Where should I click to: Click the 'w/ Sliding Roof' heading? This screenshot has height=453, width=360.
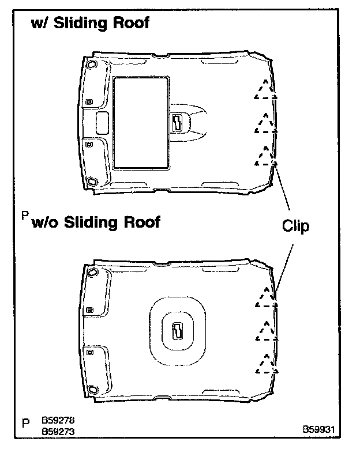tap(90, 23)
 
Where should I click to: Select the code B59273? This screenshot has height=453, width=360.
tap(58, 430)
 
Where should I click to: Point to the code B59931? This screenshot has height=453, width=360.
tap(320, 430)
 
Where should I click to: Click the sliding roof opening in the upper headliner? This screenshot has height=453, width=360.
tap(141, 123)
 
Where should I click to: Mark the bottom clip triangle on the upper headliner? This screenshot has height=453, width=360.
tap(265, 156)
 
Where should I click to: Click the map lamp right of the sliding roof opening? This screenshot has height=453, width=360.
tap(177, 123)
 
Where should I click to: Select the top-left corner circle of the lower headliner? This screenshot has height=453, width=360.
tap(92, 271)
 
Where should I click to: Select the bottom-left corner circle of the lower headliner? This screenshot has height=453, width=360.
tap(93, 389)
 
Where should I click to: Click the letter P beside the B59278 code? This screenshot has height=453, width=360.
tap(25, 423)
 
